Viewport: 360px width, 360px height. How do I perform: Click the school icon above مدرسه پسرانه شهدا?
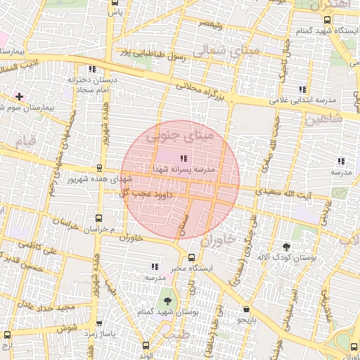pos(184,159)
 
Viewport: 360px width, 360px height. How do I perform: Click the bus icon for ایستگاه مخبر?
pos(191,257)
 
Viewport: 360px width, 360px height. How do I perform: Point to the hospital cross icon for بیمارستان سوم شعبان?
pos(19,96)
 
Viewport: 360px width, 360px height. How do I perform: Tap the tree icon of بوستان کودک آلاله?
pos(285,247)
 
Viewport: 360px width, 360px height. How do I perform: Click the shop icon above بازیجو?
pos(245,309)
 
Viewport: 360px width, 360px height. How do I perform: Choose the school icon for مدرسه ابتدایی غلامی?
pos(302,89)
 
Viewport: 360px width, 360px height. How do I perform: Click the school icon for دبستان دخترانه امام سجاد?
pos(92,69)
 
